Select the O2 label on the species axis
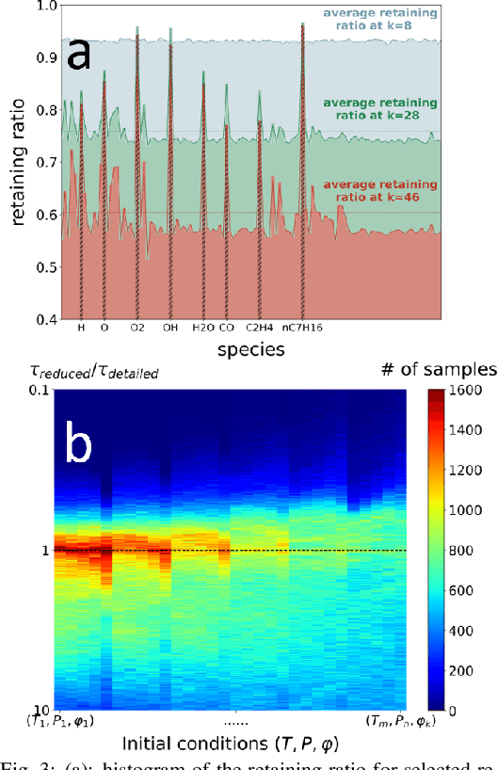[137, 329]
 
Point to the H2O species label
[203, 329]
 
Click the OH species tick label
[170, 329]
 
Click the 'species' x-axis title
[248, 350]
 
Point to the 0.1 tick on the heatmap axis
[39, 390]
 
